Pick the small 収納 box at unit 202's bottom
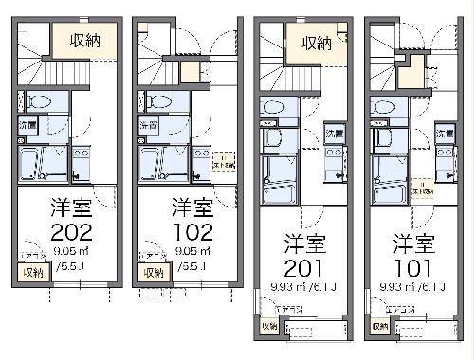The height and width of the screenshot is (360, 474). point(32,273)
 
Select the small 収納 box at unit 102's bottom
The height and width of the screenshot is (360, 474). point(152,273)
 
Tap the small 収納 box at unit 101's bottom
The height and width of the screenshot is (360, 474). point(379,326)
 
